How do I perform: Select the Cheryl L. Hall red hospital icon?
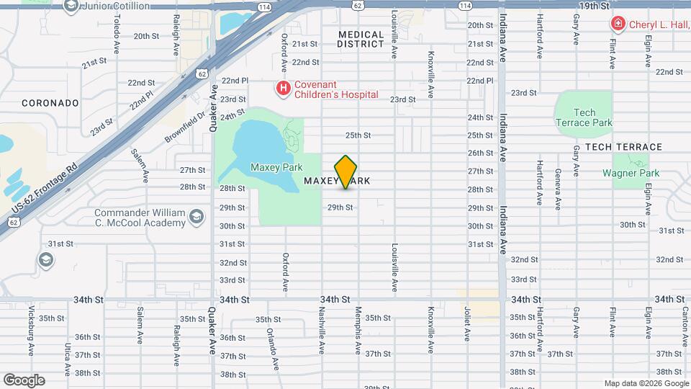click(x=617, y=24)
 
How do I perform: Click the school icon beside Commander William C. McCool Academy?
click(x=196, y=217)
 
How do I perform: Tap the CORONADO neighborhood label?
click(x=50, y=103)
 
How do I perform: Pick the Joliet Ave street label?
click(x=466, y=323)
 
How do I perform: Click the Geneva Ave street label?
click(x=558, y=189)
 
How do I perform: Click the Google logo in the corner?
click(x=24, y=380)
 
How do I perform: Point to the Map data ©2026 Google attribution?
click(x=646, y=383)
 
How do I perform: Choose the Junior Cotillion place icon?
click(x=71, y=6)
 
